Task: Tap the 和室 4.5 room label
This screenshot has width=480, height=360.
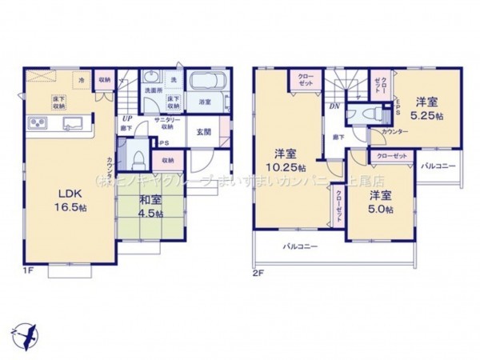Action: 149,207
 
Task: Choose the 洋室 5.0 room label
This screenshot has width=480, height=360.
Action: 381,202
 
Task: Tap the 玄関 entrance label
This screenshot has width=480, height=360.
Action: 204,133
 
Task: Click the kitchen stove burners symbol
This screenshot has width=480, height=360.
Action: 38,122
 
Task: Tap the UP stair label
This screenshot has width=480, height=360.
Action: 126,117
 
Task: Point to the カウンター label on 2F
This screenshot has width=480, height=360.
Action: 394,130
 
